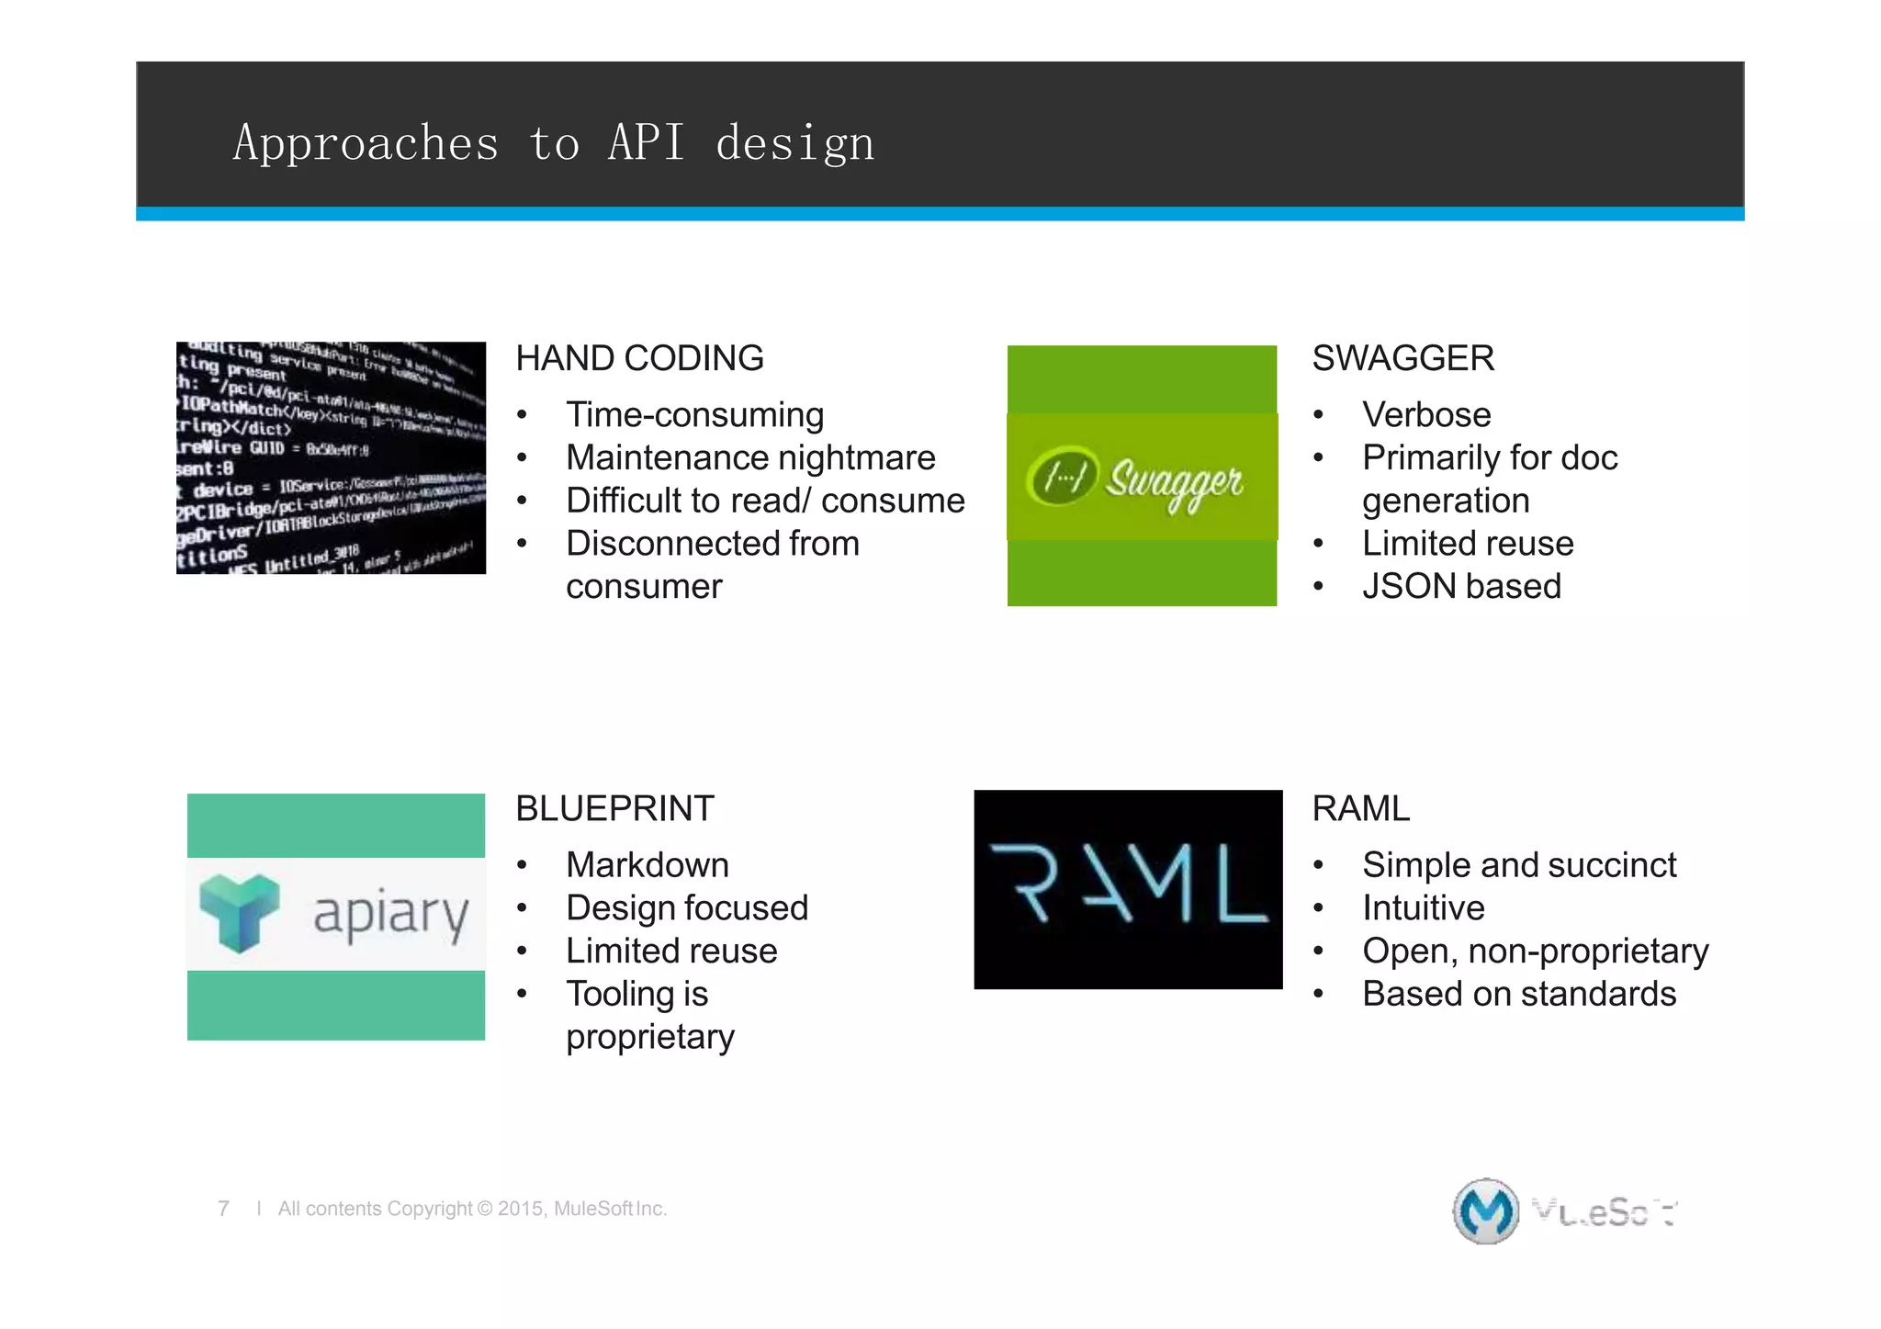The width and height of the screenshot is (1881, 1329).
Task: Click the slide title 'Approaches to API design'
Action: coord(554,144)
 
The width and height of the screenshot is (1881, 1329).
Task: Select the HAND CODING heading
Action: coord(639,358)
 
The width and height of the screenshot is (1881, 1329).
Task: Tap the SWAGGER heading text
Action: coord(1402,358)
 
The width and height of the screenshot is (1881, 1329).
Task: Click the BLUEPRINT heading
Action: coord(614,808)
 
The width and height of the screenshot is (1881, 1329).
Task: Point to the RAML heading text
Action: coord(1360,808)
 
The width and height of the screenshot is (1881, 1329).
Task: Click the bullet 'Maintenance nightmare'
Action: coord(750,457)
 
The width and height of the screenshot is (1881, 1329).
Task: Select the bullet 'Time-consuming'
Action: coord(694,414)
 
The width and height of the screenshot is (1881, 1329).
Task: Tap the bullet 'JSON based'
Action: coord(1461,586)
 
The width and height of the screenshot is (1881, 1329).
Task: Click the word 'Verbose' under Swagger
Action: coord(1426,414)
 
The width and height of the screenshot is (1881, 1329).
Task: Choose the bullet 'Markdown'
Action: coord(648,864)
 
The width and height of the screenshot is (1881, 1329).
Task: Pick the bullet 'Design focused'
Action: coord(687,907)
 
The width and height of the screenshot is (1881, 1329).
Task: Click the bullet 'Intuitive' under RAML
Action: coord(1423,907)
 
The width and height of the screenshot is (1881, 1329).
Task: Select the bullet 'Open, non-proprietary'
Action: coord(1535,951)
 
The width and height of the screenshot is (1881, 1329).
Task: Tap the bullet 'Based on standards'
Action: coord(1519,994)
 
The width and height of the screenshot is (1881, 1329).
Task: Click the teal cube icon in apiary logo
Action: coord(240,911)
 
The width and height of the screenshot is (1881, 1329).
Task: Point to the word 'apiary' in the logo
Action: coord(391,915)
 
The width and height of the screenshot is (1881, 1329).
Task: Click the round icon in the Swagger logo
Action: coord(1062,476)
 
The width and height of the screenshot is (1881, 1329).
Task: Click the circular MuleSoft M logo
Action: coord(1485,1211)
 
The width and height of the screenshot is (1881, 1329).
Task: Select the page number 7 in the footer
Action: coord(223,1209)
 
